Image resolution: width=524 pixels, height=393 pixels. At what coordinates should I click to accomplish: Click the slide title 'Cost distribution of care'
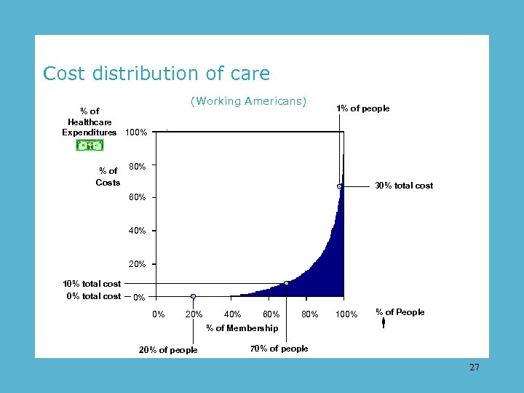(x=156, y=74)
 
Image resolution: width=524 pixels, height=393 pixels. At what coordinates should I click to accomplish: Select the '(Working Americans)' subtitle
(x=248, y=101)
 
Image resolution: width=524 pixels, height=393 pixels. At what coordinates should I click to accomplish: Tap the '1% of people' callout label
(x=362, y=108)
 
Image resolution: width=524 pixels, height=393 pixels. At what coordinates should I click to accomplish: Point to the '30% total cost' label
(x=403, y=186)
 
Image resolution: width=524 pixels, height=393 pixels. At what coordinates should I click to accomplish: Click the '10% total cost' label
(x=92, y=284)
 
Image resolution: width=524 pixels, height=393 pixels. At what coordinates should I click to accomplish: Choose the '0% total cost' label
(x=93, y=296)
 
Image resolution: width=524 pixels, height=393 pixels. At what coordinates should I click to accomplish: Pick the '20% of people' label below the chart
(x=168, y=350)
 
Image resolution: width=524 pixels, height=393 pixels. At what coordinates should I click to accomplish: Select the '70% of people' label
(x=279, y=349)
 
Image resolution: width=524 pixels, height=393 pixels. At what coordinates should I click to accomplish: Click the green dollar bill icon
(x=90, y=146)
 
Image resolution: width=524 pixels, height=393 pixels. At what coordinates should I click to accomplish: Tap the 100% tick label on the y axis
(x=136, y=132)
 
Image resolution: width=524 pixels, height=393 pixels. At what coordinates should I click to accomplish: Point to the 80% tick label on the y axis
(x=137, y=167)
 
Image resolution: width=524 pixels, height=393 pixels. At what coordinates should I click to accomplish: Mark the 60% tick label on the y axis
(x=137, y=197)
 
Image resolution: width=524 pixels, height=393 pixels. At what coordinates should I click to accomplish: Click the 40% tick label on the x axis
(x=233, y=314)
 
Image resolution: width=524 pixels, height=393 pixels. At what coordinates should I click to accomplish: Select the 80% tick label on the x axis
(x=309, y=314)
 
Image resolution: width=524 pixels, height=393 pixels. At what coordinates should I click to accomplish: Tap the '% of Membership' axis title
(x=242, y=328)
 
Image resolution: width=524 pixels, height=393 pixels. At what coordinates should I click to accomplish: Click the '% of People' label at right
(x=400, y=312)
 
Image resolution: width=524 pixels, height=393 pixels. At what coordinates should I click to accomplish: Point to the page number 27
(x=475, y=368)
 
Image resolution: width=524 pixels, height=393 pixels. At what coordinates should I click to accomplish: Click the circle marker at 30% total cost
(x=340, y=186)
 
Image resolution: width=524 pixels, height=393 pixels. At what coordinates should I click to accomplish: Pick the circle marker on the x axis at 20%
(x=193, y=296)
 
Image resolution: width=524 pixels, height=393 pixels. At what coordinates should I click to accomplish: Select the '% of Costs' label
(x=108, y=177)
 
